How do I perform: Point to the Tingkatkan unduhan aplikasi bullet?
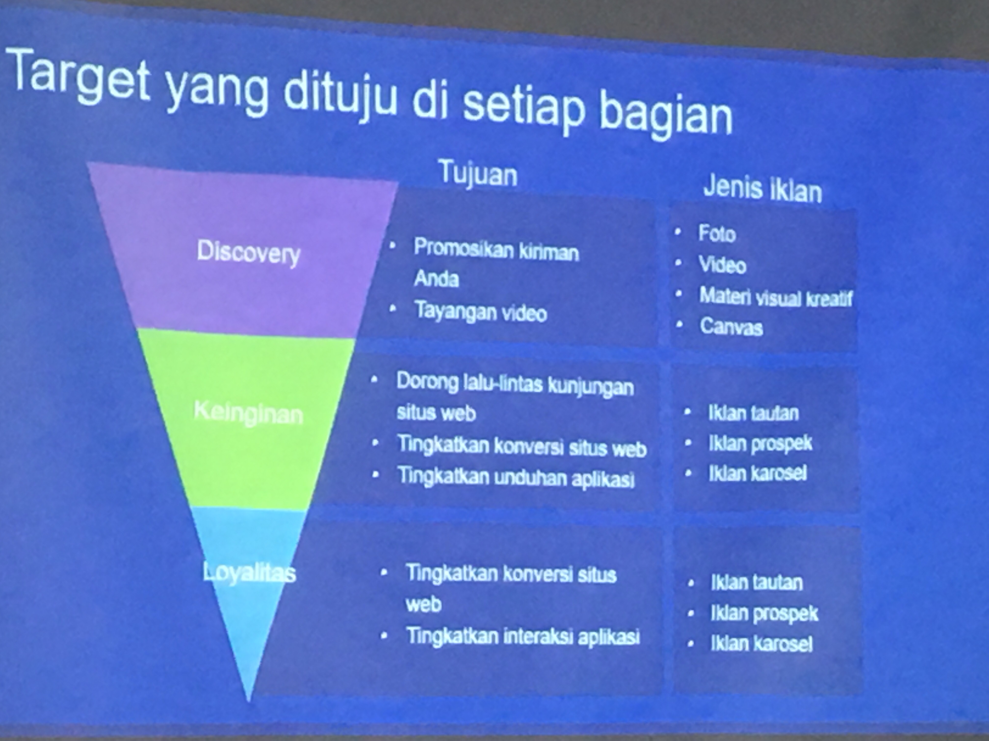pos(516,477)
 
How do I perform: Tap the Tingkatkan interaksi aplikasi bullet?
pos(523,636)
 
